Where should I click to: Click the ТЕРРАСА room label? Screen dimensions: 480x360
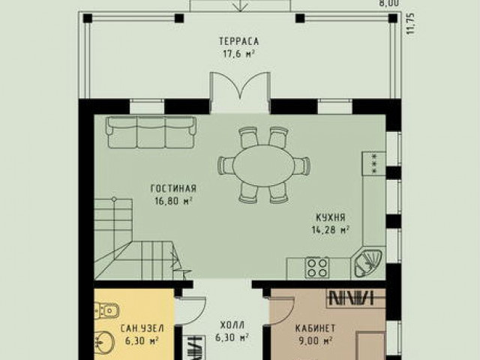[238, 41]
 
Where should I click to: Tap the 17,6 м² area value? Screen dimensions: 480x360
[239, 54]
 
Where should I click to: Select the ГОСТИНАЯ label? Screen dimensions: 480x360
[173, 188]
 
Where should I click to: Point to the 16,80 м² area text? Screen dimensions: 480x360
[173, 201]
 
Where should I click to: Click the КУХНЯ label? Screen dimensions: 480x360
[331, 217]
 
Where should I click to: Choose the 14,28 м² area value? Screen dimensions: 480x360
[331, 229]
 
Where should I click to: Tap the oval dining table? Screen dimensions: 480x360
[263, 165]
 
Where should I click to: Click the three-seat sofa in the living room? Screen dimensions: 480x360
[151, 132]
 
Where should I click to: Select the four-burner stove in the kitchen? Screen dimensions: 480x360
[317, 268]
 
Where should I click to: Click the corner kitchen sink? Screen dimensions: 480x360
[368, 263]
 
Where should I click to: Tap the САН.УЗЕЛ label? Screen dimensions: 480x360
[142, 328]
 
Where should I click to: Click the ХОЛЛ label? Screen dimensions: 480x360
[232, 325]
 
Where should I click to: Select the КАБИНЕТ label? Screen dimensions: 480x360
[315, 328]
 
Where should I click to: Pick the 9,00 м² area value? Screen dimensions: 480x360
[314, 340]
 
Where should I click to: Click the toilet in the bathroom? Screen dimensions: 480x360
[106, 310]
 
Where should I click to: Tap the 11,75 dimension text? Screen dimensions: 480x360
[412, 23]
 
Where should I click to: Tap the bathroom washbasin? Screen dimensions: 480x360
[105, 340]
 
